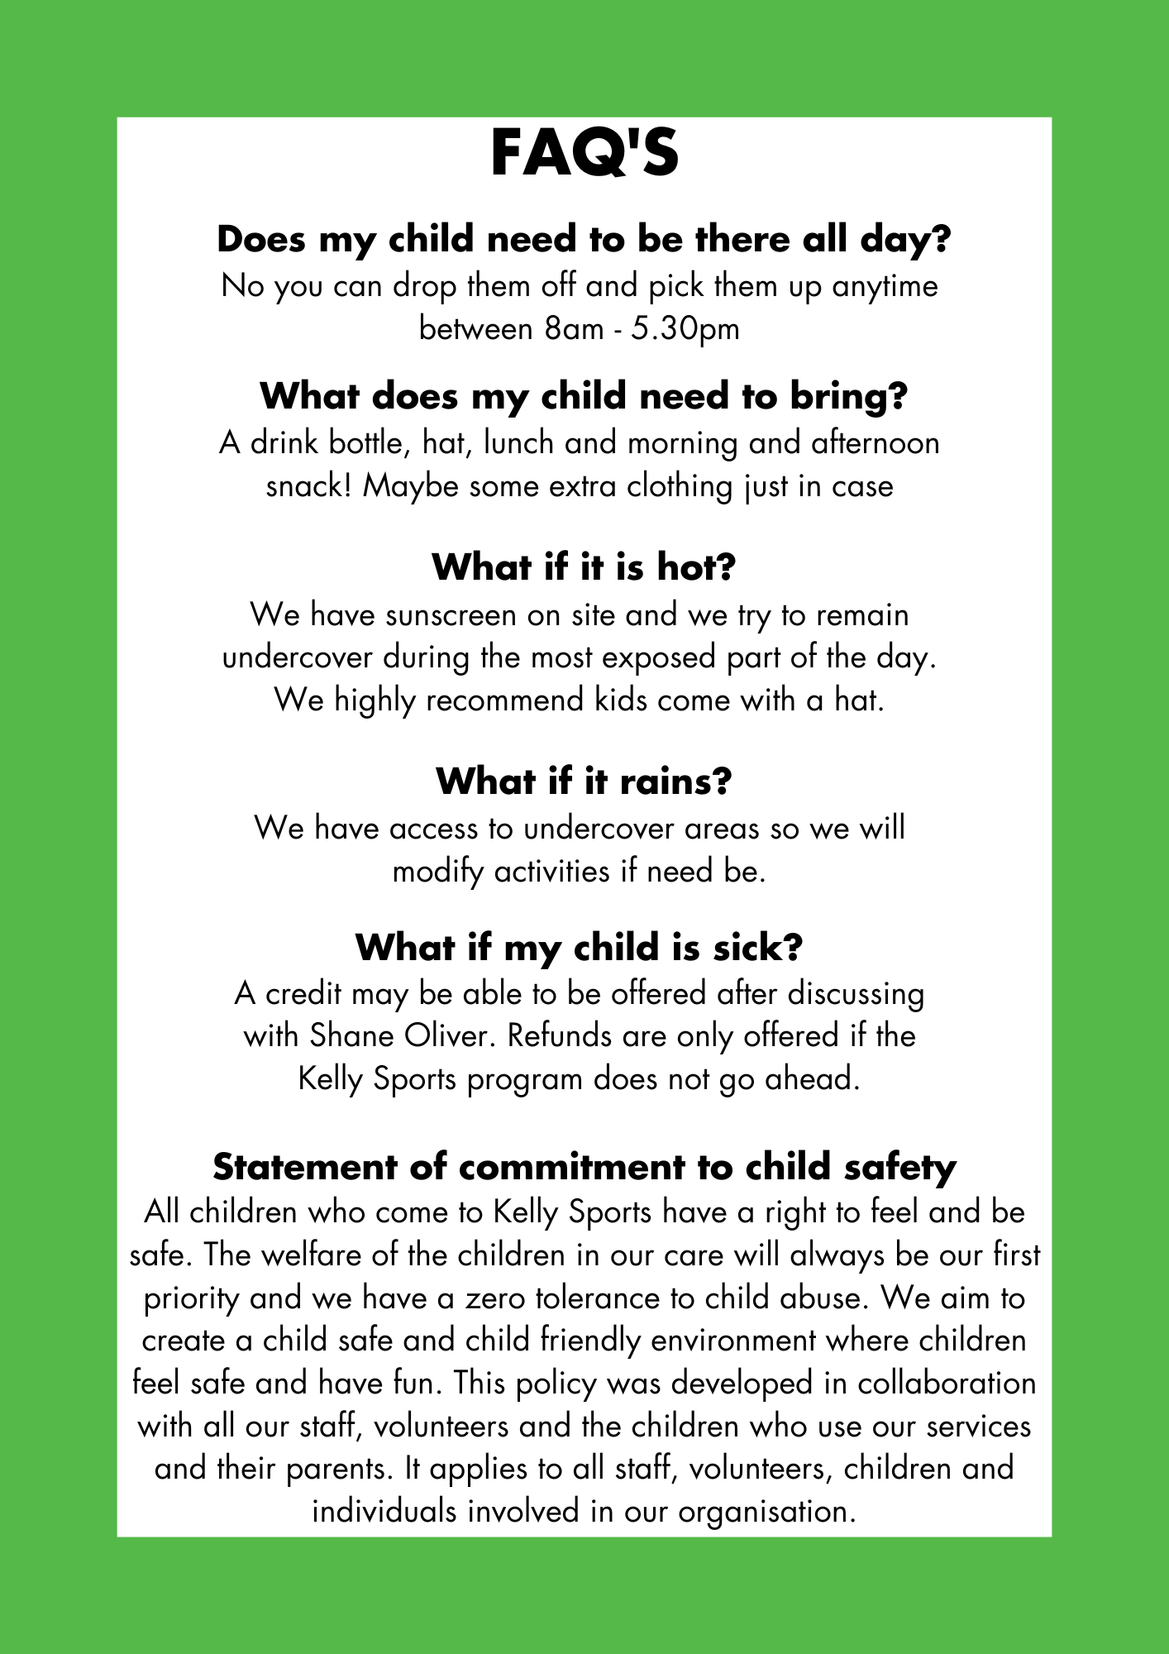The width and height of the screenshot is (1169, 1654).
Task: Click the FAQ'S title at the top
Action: (x=584, y=154)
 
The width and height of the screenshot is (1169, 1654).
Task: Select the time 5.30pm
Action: (x=685, y=329)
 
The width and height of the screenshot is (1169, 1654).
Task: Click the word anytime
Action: (x=885, y=287)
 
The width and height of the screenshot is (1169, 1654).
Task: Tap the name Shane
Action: (x=341, y=1036)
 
